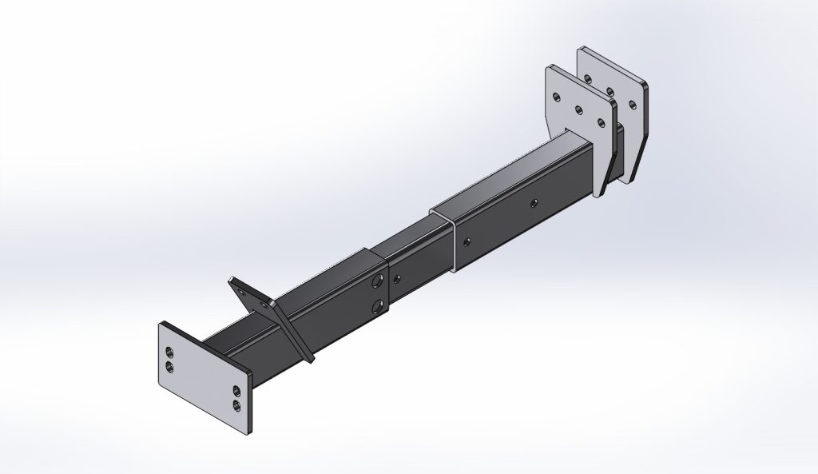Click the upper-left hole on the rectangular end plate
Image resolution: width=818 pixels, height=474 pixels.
169,353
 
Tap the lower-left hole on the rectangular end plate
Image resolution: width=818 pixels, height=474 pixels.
169,366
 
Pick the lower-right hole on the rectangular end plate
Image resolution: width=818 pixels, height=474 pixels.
237,404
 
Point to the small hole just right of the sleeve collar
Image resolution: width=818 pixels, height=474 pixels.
397,278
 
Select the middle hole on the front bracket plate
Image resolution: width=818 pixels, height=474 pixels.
578,109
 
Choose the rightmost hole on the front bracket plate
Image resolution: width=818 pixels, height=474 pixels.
600,122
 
